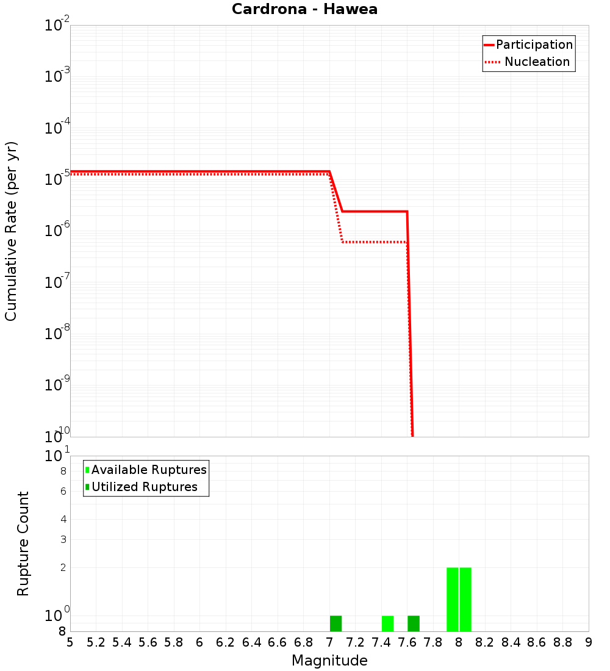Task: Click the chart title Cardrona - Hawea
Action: click(304, 9)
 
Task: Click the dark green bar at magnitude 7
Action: click(335, 623)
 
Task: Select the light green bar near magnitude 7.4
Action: click(387, 623)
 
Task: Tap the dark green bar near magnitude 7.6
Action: click(414, 623)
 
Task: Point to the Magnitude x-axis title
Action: click(329, 661)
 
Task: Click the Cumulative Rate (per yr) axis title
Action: click(11, 231)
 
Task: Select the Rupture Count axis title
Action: click(23, 544)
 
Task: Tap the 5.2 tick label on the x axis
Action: click(96, 642)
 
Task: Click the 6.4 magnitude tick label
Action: click(251, 642)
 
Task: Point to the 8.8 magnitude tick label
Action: click(562, 642)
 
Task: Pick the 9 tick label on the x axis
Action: click(589, 642)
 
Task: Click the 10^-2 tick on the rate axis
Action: click(58, 26)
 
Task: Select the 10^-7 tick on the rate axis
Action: click(58, 282)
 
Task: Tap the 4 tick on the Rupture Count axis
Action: click(63, 519)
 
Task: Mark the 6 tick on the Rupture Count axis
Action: click(63, 491)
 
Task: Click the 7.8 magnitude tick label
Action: click(433, 642)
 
